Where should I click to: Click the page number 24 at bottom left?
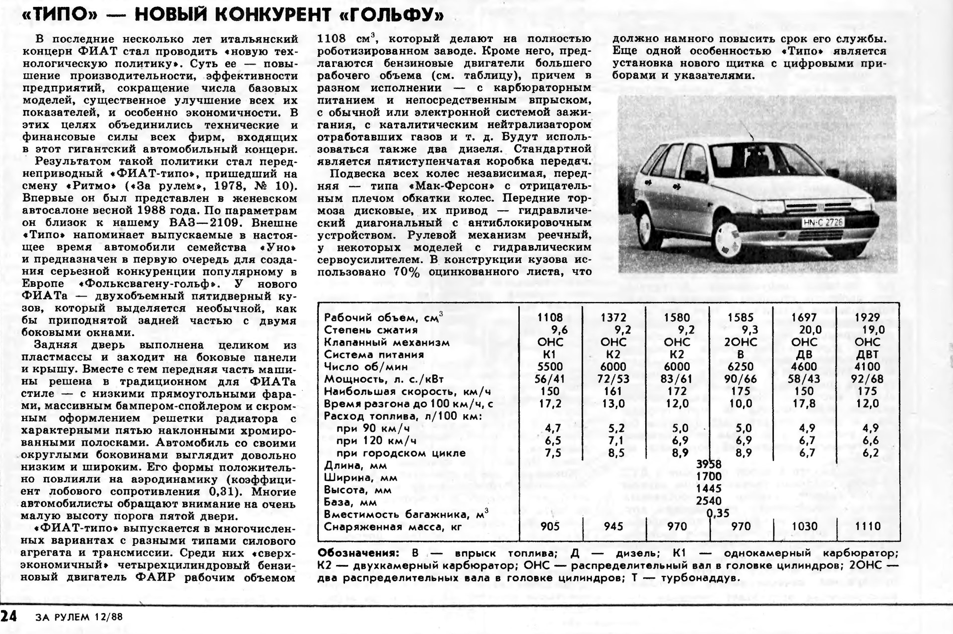[x=8, y=617]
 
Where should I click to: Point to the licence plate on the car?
[x=822, y=223]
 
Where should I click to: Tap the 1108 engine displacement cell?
[x=550, y=317]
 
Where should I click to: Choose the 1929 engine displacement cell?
[x=867, y=317]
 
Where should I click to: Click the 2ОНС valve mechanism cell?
[x=741, y=342]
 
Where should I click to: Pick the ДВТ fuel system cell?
[x=867, y=355]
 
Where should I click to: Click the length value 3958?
[x=709, y=465]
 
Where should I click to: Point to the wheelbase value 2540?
[x=709, y=502]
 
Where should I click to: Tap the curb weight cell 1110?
[x=867, y=526]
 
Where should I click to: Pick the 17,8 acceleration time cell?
[x=804, y=404]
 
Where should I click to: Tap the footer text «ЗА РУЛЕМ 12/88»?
[x=79, y=618]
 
